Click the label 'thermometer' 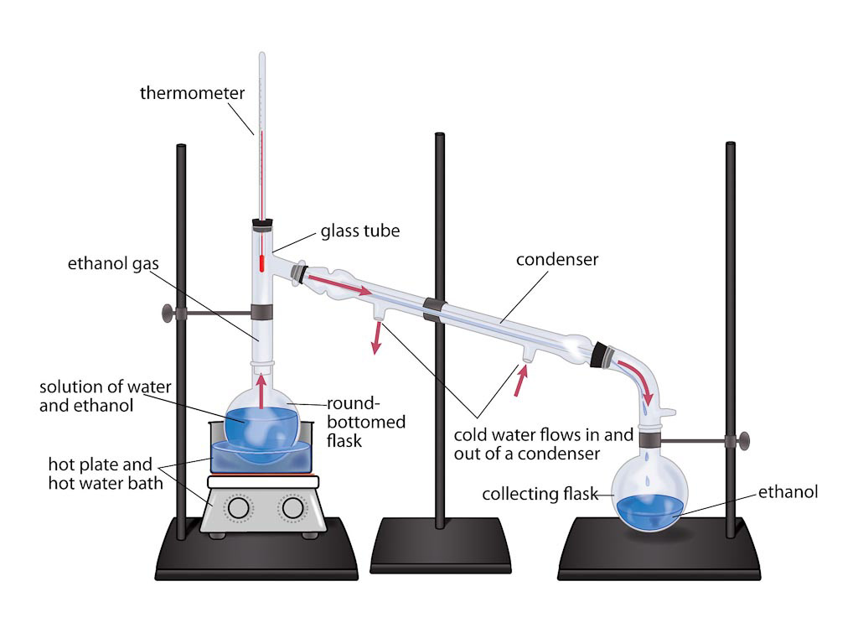tap(192, 92)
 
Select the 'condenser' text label tap(557, 260)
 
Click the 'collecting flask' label tap(540, 495)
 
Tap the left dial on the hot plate tap(239, 507)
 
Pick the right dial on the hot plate tap(293, 507)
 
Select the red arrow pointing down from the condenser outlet tap(377, 337)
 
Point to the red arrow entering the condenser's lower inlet tap(521, 381)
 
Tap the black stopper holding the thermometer tap(262, 224)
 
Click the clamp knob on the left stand tap(168, 314)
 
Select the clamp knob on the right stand tap(742, 441)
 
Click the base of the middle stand tap(441, 545)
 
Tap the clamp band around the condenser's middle tap(434, 309)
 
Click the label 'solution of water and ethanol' tap(105, 397)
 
